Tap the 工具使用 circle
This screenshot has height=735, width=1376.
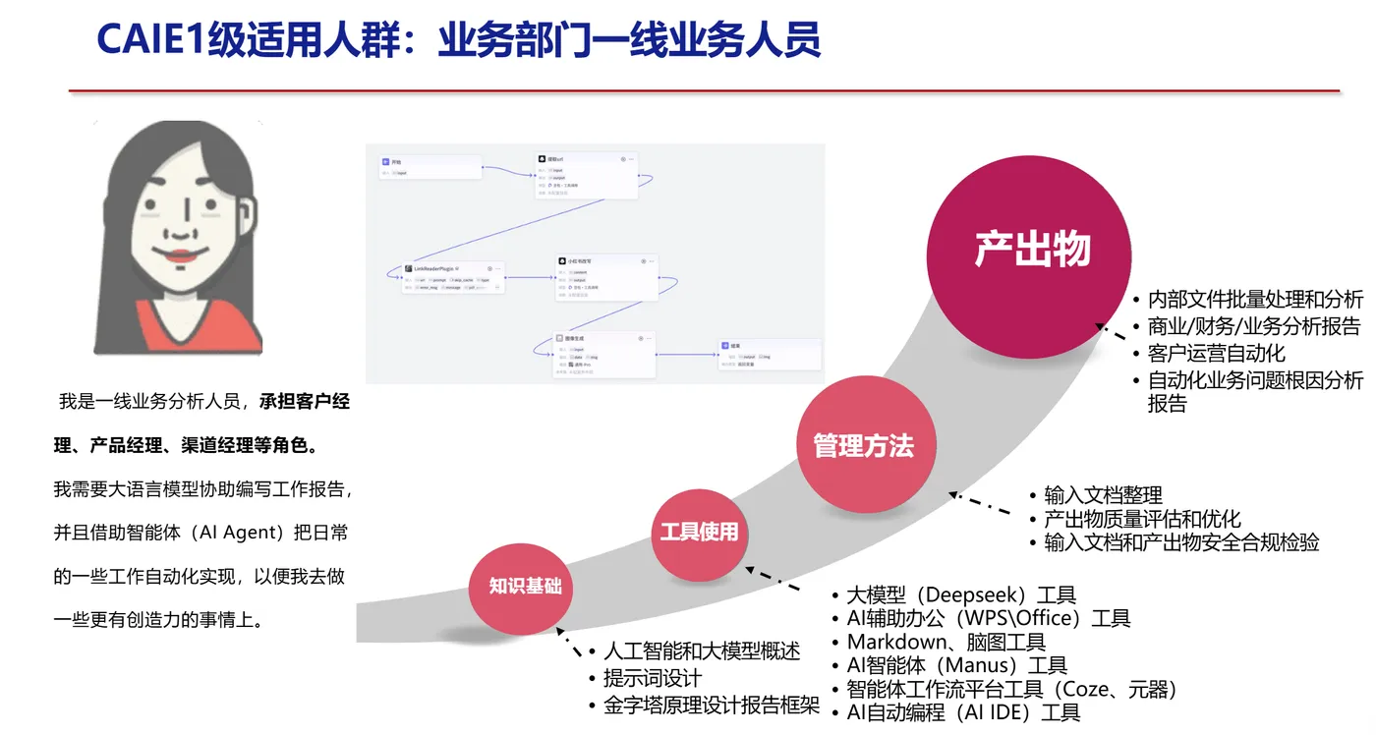(699, 532)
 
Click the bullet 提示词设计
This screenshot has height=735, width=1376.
(652, 678)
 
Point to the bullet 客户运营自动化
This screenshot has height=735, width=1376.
(1216, 353)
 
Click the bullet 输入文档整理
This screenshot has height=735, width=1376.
(1103, 494)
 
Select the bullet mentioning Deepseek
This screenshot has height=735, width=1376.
(961, 594)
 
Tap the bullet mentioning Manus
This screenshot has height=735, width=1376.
(956, 665)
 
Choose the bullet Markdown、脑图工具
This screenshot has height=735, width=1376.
(946, 642)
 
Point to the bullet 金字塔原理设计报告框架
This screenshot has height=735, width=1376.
(711, 705)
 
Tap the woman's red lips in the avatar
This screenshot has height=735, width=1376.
(180, 256)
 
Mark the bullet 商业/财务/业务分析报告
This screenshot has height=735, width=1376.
(1253, 326)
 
